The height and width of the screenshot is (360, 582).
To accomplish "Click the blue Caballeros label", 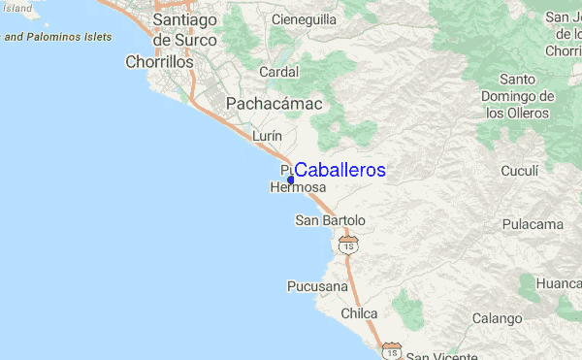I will [x=339, y=171].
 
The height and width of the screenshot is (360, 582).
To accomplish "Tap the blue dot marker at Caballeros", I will [x=291, y=180].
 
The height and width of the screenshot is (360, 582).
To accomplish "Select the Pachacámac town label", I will [x=274, y=104].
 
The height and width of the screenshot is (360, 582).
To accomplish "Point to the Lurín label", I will [x=267, y=137].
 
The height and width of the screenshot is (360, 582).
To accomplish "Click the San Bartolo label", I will [x=330, y=221].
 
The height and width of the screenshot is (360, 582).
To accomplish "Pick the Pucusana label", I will [x=316, y=286].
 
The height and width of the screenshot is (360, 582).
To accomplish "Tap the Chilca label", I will [x=359, y=314].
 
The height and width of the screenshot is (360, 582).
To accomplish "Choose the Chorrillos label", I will [x=160, y=62].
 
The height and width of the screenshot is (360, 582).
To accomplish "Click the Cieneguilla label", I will [x=304, y=18].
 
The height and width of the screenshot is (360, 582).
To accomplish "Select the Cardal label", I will [x=278, y=72].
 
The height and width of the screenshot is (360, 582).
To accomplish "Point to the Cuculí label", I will [x=519, y=171].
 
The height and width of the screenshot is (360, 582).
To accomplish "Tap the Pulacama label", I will [x=533, y=224].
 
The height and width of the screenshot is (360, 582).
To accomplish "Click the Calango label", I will [x=497, y=318].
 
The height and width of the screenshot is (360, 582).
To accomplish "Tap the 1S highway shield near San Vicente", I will [x=391, y=349].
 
